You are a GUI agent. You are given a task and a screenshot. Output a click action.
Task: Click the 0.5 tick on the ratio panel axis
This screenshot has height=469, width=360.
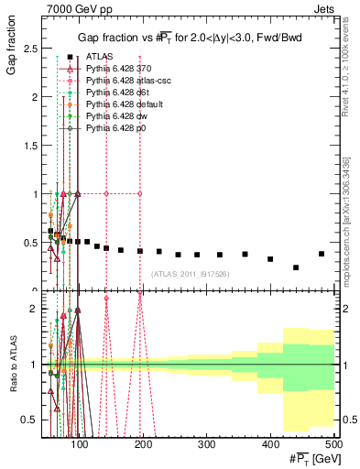click(36, 420)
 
